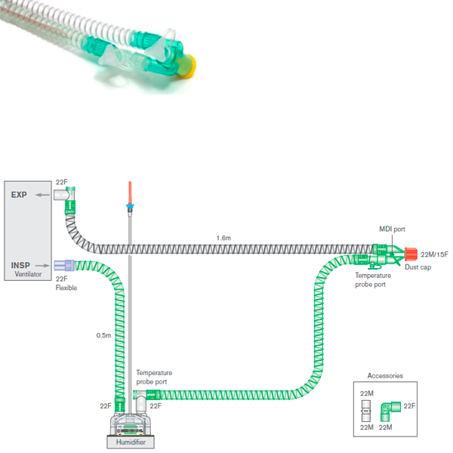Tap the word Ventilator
click(x=28, y=276)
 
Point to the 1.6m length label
click(x=223, y=238)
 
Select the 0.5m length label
click(x=103, y=334)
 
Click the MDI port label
click(x=392, y=228)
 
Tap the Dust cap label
click(x=417, y=267)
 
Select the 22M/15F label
click(x=434, y=254)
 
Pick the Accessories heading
click(x=385, y=375)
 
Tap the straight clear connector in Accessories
click(x=365, y=412)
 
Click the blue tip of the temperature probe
click(x=130, y=206)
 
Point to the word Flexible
click(x=66, y=288)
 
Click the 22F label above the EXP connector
click(x=63, y=183)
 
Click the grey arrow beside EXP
click(x=45, y=195)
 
